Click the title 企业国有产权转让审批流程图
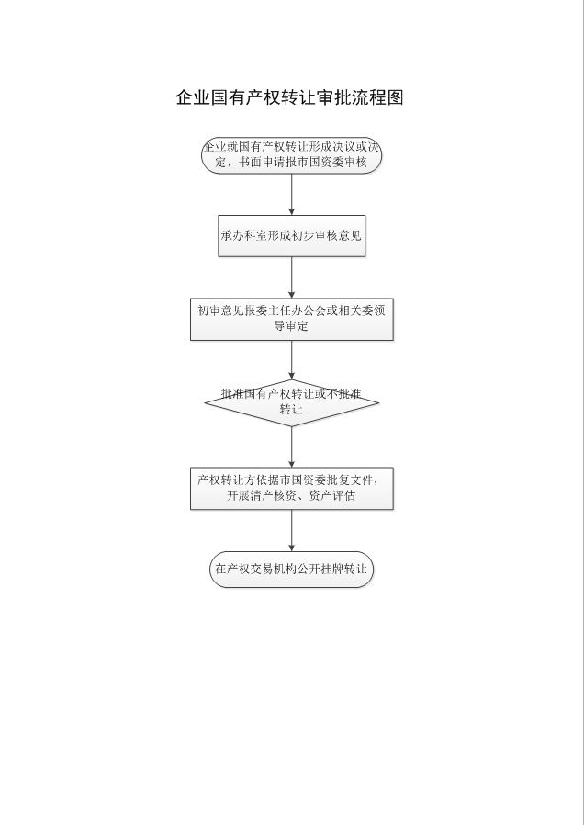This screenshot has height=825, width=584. coord(290,98)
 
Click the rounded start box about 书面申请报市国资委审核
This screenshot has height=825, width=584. coord(291,154)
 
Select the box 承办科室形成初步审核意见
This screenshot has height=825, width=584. coord(291,235)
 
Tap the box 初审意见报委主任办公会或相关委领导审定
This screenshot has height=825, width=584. coord(291,319)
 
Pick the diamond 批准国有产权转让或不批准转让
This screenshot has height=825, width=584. coord(291,401)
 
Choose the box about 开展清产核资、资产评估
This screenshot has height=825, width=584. coord(291,488)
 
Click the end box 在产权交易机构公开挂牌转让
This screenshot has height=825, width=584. coord(291,570)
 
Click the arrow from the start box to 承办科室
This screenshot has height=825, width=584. coord(291,193)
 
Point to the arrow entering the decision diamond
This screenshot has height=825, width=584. coord(291,360)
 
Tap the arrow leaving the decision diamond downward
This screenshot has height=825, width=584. coord(291,446)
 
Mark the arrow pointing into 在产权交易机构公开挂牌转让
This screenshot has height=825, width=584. coord(291,530)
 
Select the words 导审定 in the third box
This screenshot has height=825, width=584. coord(291,326)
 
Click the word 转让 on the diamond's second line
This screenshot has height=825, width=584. coord(291,409)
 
